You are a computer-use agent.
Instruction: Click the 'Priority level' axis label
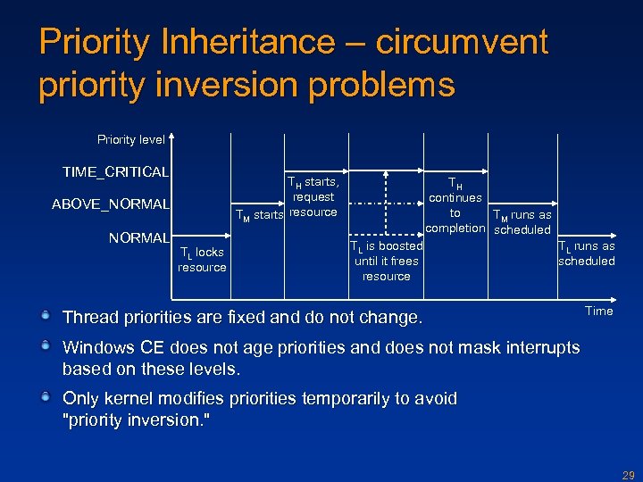pyautogui.click(x=131, y=139)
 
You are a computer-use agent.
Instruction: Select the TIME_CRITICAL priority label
pyautogui.click(x=115, y=171)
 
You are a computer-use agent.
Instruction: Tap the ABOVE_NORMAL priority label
pyautogui.click(x=111, y=204)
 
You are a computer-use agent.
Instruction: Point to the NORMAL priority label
pyautogui.click(x=138, y=238)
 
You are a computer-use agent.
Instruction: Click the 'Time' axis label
pyautogui.click(x=598, y=311)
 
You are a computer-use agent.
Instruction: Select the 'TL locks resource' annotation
pyautogui.click(x=202, y=260)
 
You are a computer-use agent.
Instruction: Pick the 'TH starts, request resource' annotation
pyautogui.click(x=313, y=197)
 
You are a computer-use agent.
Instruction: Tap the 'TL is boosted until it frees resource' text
pyautogui.click(x=386, y=261)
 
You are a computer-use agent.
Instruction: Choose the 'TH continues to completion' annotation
pyautogui.click(x=455, y=205)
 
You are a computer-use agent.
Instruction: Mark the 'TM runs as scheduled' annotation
pyautogui.click(x=522, y=222)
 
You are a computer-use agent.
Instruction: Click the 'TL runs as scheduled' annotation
pyautogui.click(x=587, y=253)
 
